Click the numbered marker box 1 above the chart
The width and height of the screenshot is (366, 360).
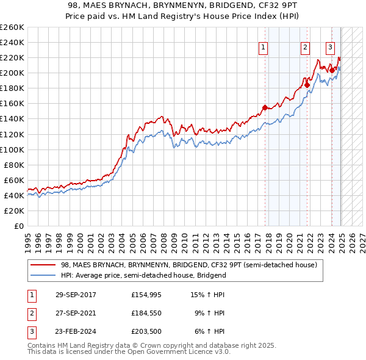tap(264, 48)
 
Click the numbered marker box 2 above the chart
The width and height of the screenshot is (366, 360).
tap(305, 48)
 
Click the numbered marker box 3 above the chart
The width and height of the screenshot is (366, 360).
tap(330, 48)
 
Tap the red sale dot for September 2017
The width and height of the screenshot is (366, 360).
tap(265, 107)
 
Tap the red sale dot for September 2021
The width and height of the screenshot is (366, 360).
tap(307, 85)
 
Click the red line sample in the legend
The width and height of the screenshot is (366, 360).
tap(43, 265)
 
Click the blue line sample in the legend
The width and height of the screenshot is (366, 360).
tap(43, 275)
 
